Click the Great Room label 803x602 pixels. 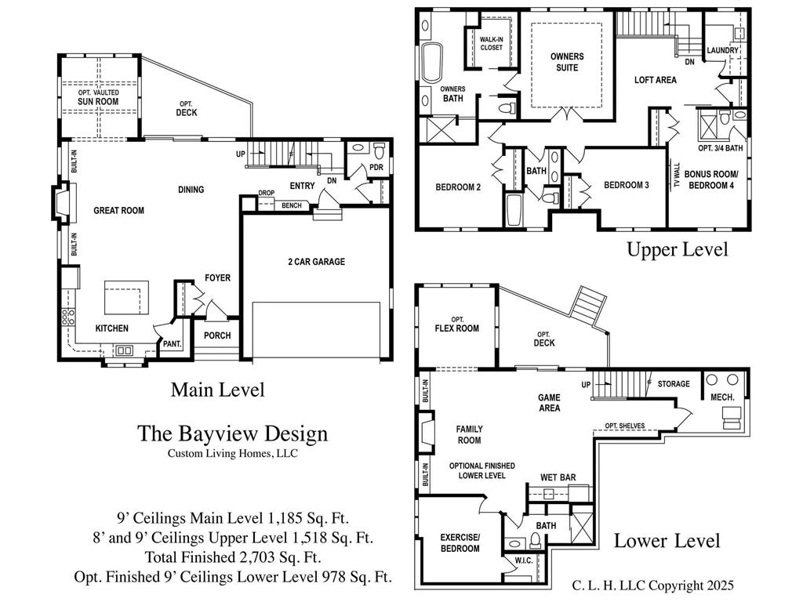(119, 210)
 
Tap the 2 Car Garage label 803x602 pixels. (317, 262)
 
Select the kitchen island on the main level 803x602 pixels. (127, 297)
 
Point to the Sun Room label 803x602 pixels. (98, 101)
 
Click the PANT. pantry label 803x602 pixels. (172, 344)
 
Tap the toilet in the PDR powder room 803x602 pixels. (379, 151)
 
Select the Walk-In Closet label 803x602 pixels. (491, 44)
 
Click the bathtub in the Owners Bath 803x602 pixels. (432, 63)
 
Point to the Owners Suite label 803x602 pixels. (567, 62)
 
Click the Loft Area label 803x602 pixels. (655, 80)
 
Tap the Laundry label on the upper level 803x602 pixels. (722, 50)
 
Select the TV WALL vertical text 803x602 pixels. (677, 176)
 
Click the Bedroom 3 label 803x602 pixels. (627, 185)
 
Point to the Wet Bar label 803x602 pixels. (558, 477)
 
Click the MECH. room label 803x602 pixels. (722, 397)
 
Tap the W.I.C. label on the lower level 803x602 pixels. (523, 560)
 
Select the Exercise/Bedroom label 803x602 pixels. (460, 542)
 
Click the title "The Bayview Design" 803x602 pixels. (232, 433)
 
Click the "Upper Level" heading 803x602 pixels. (677, 250)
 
